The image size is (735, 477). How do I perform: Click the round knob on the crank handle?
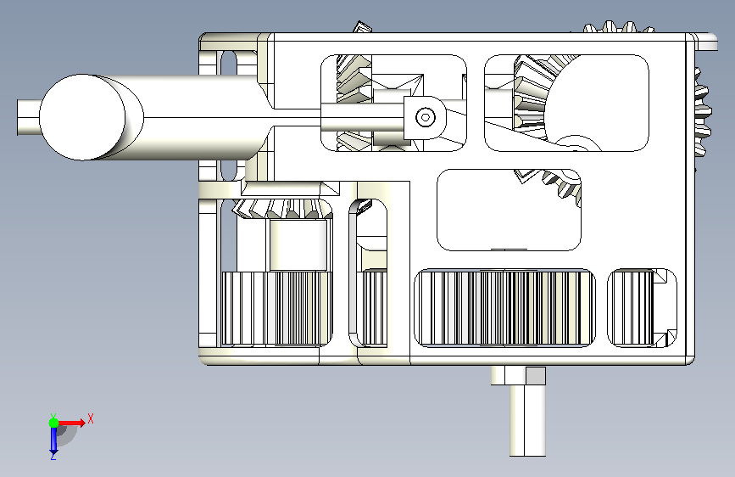pos(82,117)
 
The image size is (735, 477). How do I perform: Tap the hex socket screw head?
pos(426,117)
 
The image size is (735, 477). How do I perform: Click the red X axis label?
pos(91,418)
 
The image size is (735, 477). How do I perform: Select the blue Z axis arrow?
pos(53,440)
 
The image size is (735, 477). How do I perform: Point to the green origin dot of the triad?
pos(53,423)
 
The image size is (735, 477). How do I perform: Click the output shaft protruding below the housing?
pos(527,420)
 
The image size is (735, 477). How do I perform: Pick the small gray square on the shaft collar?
pos(535,376)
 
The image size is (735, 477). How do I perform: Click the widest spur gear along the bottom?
pos(505,308)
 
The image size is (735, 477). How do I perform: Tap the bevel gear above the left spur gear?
pos(282,209)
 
